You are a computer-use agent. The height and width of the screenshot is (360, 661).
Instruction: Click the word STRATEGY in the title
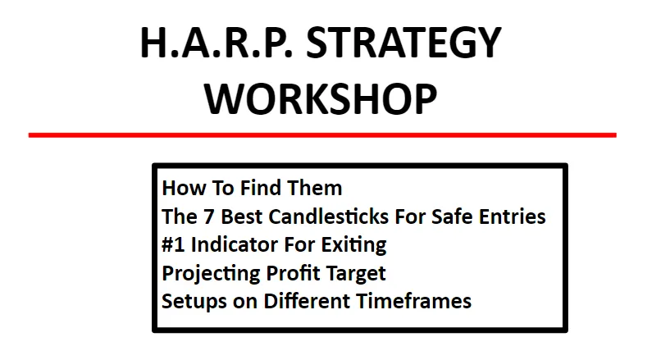tap(403, 43)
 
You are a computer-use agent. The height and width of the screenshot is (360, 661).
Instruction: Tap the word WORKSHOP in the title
tap(321, 98)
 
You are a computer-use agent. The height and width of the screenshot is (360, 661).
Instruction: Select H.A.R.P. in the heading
tap(216, 43)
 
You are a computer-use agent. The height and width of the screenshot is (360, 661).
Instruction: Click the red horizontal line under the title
tap(322, 135)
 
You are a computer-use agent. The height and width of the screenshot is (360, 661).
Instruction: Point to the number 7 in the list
tap(208, 216)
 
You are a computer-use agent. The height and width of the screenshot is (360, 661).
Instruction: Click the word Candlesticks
tap(329, 216)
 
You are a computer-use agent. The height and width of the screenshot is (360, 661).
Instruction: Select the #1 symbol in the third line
tap(173, 245)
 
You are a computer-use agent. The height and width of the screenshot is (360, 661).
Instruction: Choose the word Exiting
tap(353, 245)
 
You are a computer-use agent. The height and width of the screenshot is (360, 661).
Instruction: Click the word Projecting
tap(212, 274)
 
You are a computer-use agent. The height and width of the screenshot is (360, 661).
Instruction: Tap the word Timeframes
tap(414, 302)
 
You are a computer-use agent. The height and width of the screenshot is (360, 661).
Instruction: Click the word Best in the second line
tap(242, 216)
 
